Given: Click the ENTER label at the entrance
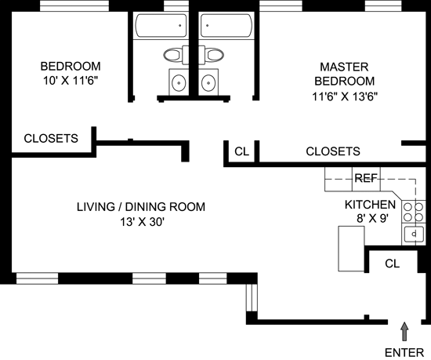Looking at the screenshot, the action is pos(404,353).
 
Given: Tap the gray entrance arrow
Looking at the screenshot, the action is pos(404,332).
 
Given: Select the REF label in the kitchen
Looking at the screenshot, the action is pos(366,178).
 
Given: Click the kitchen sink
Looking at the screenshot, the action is pos(414,234).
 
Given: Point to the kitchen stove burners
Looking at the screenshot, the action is pos(413,212).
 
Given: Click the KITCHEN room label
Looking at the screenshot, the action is pos(370,205).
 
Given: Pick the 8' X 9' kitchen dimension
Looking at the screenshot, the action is pos(372,219).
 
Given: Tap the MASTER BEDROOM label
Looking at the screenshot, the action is pos(344,74).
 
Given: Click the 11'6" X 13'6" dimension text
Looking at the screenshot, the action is pos(345,96).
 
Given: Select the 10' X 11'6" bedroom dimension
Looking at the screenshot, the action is pos(71,81).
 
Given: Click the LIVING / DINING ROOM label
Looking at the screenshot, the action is pos(141,207).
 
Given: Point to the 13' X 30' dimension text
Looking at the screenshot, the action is pos(142,222).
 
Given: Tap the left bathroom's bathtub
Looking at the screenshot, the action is pos(161,26).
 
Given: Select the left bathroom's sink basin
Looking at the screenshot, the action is pos(179,82).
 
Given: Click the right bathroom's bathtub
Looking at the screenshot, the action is pos(226,26).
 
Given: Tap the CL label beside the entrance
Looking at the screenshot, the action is pos(393,264).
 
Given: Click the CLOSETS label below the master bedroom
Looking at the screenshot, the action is pos(333,151).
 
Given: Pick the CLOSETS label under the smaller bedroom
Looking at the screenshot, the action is pos(51,138).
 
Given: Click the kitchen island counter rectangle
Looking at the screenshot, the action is pos(351,249).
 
